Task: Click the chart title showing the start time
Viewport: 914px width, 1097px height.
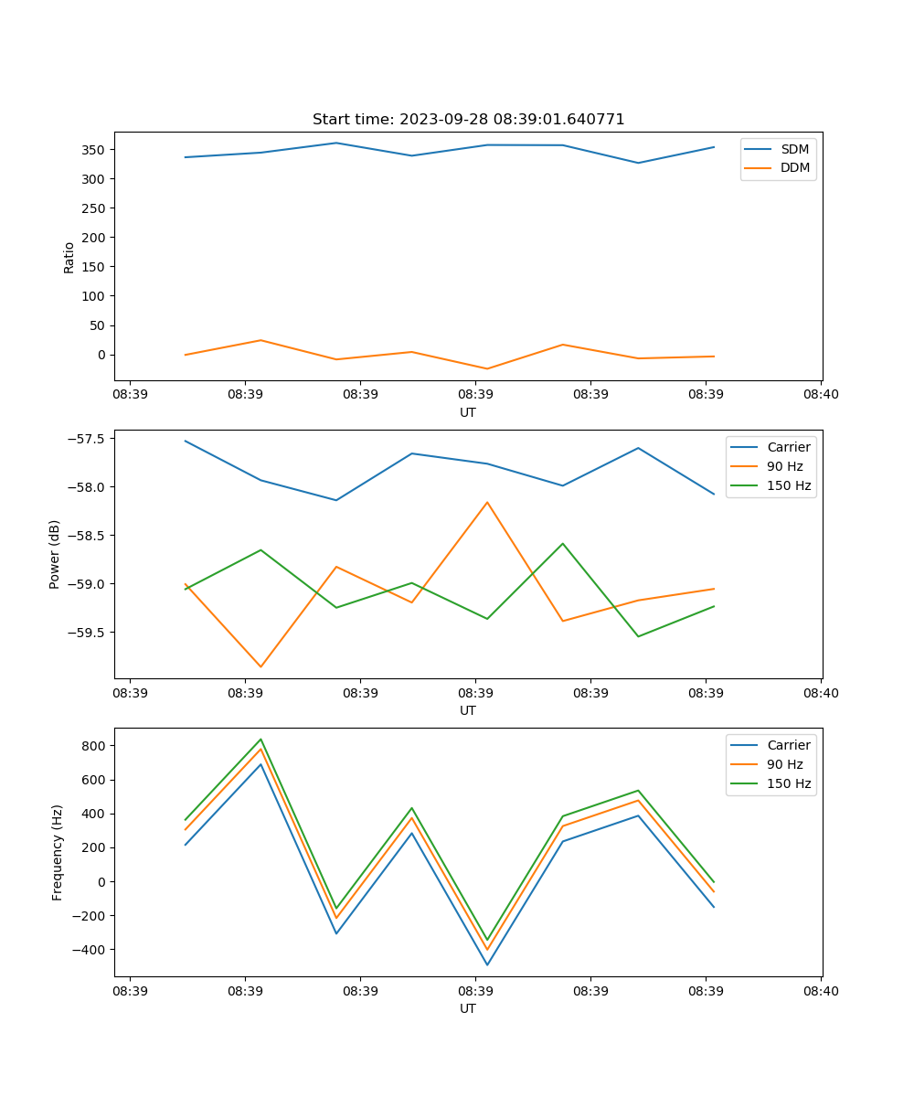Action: (468, 120)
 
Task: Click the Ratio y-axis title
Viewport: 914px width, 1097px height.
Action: (69, 258)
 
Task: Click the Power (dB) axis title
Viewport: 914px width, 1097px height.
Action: (55, 554)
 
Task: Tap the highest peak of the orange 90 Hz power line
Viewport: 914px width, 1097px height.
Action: (487, 502)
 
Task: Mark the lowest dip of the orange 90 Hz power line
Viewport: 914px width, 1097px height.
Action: (260, 666)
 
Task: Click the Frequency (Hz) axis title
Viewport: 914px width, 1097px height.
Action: (58, 852)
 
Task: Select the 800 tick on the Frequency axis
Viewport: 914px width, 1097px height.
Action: (95, 746)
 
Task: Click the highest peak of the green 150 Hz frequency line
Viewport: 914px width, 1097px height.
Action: (260, 740)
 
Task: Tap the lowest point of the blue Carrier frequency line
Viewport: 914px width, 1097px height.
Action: (487, 964)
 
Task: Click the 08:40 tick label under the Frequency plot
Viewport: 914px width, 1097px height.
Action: (821, 991)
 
